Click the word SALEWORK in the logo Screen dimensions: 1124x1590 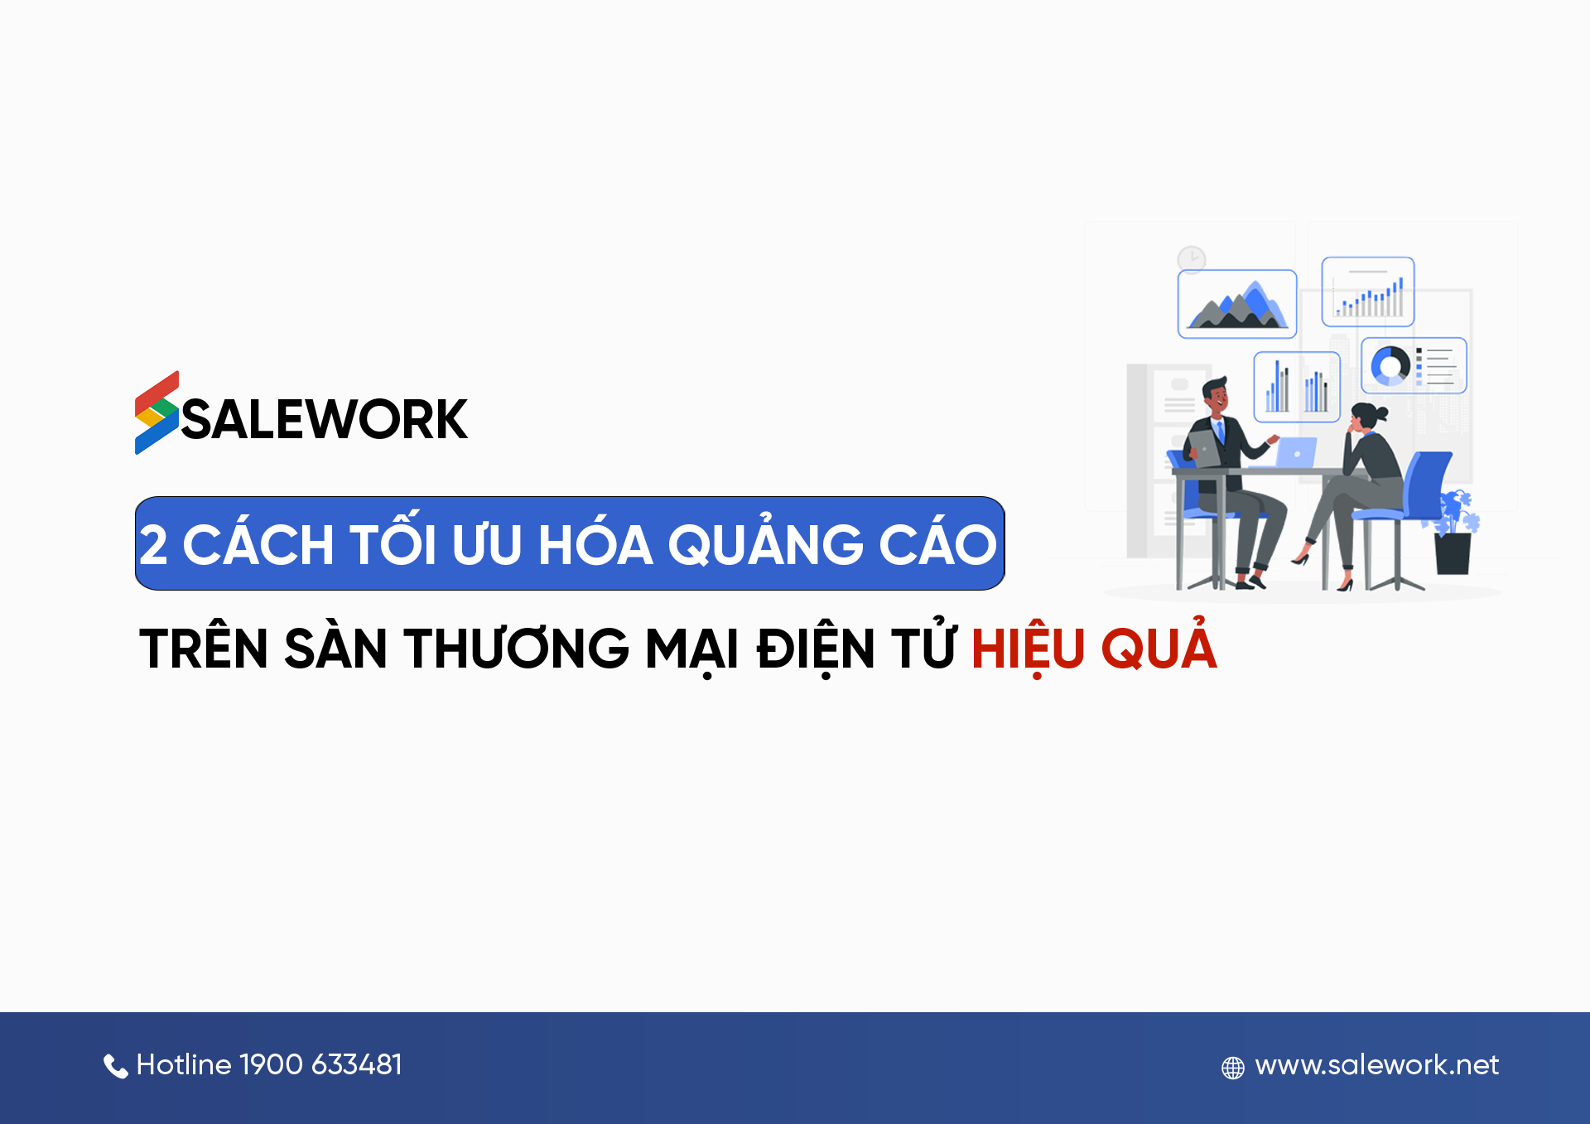click(x=325, y=419)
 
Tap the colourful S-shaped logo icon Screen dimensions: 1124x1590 click(x=157, y=412)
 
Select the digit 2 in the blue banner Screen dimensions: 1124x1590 click(x=153, y=545)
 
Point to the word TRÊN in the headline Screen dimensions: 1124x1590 click(x=204, y=648)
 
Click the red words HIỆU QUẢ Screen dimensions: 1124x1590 click(x=1093, y=648)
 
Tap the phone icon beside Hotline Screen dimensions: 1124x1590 click(x=115, y=1066)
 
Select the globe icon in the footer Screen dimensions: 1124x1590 click(x=1232, y=1068)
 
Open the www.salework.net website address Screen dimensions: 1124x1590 click(x=1376, y=1064)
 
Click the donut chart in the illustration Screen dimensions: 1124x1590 click(x=1390, y=365)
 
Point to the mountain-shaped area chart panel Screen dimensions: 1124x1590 click(x=1236, y=304)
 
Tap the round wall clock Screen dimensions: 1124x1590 click(x=1192, y=259)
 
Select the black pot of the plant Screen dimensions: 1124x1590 click(x=1453, y=553)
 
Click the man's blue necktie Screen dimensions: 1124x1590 click(x=1219, y=432)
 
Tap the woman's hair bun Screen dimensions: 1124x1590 click(x=1380, y=412)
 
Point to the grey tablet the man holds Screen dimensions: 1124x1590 click(x=1205, y=448)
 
